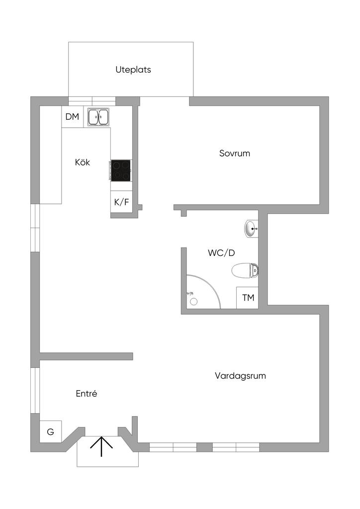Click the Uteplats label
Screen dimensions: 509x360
[133, 70]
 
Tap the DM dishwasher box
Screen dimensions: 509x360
[73, 117]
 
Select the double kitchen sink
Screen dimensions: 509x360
[98, 117]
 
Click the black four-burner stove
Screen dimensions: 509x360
[121, 170]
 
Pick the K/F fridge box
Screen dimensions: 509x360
[121, 202]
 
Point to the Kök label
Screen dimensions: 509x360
[83, 162]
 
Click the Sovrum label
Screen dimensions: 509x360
[235, 153]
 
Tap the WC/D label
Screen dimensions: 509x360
[221, 253]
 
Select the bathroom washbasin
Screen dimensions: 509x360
[251, 229]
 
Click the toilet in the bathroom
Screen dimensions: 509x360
[246, 271]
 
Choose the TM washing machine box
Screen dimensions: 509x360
[248, 298]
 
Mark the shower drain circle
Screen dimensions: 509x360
[193, 301]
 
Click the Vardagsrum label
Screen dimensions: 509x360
[240, 376]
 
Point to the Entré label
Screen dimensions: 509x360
[86, 394]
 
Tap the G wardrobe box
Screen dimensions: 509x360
[50, 432]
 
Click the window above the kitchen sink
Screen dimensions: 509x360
[92, 101]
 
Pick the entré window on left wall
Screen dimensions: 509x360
[35, 390]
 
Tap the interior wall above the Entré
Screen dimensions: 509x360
[86, 356]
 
